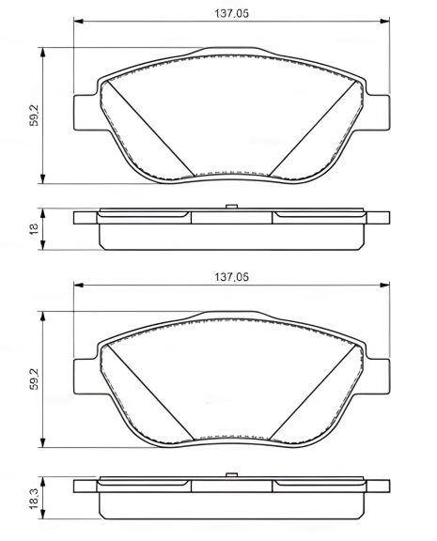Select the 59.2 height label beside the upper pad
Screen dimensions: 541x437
[x=34, y=116]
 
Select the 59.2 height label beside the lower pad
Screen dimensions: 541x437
[x=34, y=379]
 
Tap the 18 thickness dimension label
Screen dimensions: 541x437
[x=34, y=227]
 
